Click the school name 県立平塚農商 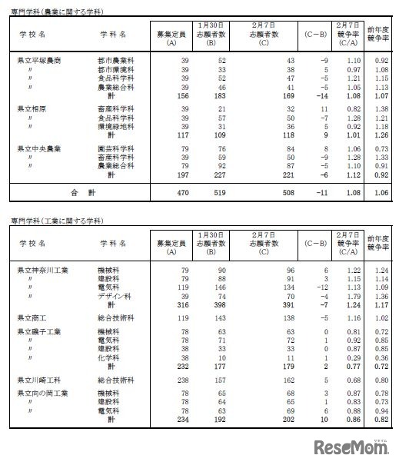click(x=39, y=59)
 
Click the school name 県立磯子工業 click(x=39, y=331)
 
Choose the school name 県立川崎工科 click(x=39, y=380)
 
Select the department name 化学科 click(x=108, y=357)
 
